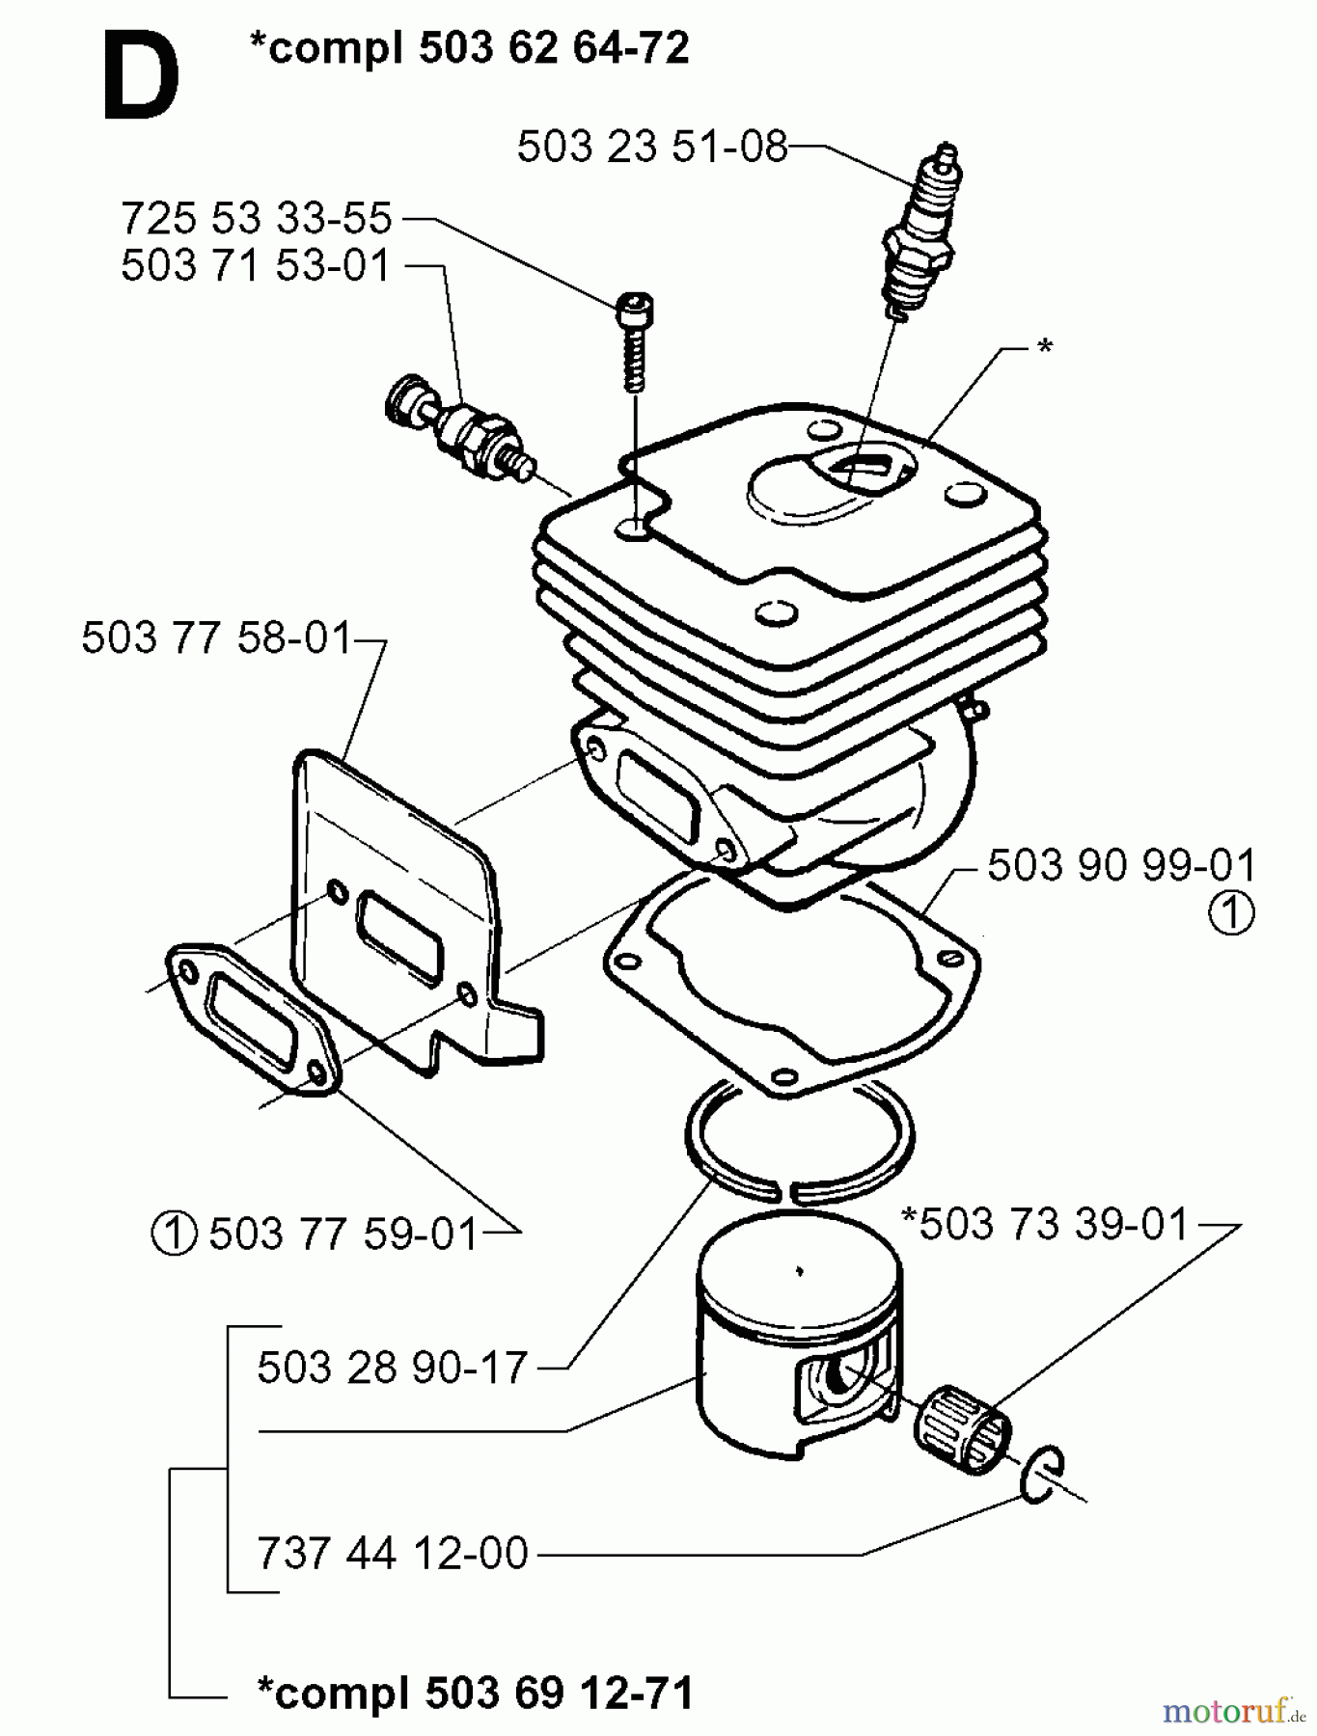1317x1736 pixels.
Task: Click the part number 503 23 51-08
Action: click(652, 148)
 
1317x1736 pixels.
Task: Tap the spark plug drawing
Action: click(919, 236)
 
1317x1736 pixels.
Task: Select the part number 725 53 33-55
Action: click(257, 219)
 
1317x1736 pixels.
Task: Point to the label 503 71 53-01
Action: click(257, 266)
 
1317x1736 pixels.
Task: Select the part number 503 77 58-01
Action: click(217, 638)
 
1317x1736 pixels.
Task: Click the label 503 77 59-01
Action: click(343, 1234)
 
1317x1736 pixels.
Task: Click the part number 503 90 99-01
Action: click(1122, 865)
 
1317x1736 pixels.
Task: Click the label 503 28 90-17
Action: click(393, 1368)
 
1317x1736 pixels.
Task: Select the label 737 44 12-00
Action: click(393, 1554)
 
